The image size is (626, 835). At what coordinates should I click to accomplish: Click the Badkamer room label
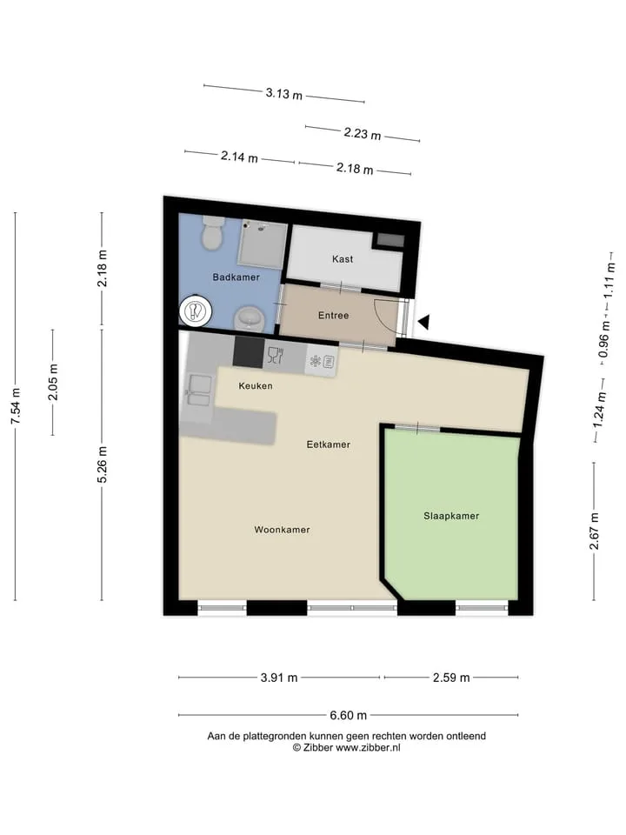[236, 277]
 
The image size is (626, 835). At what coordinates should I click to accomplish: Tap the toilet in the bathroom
[214, 232]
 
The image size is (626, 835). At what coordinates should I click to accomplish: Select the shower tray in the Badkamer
[262, 244]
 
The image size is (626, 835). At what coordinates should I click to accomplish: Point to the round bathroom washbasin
[250, 318]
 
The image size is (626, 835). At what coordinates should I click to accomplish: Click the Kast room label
[343, 259]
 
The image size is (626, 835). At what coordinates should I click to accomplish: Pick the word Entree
[333, 315]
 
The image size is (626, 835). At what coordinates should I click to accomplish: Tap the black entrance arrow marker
[423, 322]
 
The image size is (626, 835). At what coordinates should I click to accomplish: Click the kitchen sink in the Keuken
[198, 391]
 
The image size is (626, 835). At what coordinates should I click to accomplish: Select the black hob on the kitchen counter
[249, 352]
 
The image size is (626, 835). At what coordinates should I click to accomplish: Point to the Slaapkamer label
[451, 516]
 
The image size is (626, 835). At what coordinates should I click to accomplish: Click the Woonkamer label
[282, 530]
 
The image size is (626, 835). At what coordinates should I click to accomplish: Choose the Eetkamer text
[329, 444]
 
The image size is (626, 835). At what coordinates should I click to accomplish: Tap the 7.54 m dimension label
[16, 406]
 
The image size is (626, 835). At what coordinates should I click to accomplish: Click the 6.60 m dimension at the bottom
[348, 715]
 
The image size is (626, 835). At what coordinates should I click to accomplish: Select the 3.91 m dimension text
[279, 678]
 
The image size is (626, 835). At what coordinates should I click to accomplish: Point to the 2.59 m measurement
[451, 678]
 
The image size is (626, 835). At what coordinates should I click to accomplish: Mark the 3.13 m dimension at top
[284, 94]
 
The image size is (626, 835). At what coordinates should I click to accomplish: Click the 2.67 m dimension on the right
[595, 531]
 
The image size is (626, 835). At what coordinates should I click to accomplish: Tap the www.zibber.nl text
[368, 748]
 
